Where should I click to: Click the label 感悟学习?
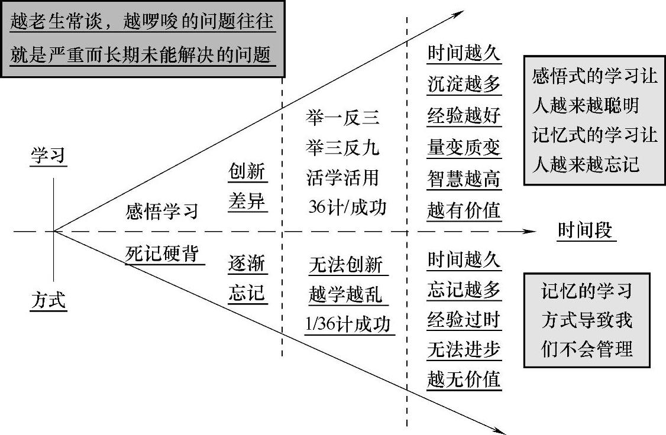(162, 212)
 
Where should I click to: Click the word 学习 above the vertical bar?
(49, 156)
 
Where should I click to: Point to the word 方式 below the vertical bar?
(49, 301)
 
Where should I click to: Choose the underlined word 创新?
(247, 172)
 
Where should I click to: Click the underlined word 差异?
(247, 203)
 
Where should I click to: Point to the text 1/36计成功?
(350, 324)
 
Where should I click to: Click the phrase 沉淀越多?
(464, 85)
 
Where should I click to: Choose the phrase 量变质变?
(464, 147)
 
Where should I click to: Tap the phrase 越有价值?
(464, 210)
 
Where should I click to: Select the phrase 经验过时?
(464, 320)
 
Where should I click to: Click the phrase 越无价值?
(464, 378)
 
